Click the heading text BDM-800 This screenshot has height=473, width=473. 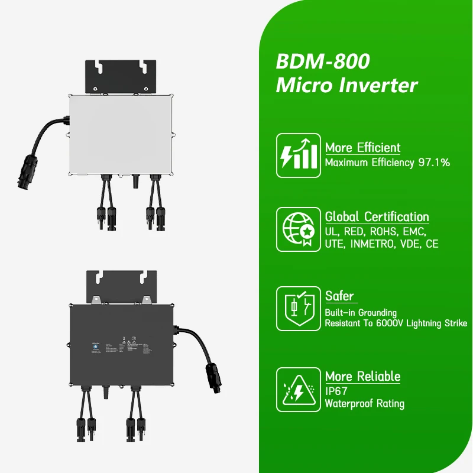point(323,61)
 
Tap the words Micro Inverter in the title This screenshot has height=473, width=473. point(346,85)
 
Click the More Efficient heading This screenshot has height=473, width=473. point(362,148)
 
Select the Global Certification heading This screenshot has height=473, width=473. point(377,217)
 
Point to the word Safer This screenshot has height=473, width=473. point(339,296)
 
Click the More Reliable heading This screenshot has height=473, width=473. point(362,377)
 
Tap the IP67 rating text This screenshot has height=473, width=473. point(336,391)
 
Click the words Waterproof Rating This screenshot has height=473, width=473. point(364,404)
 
